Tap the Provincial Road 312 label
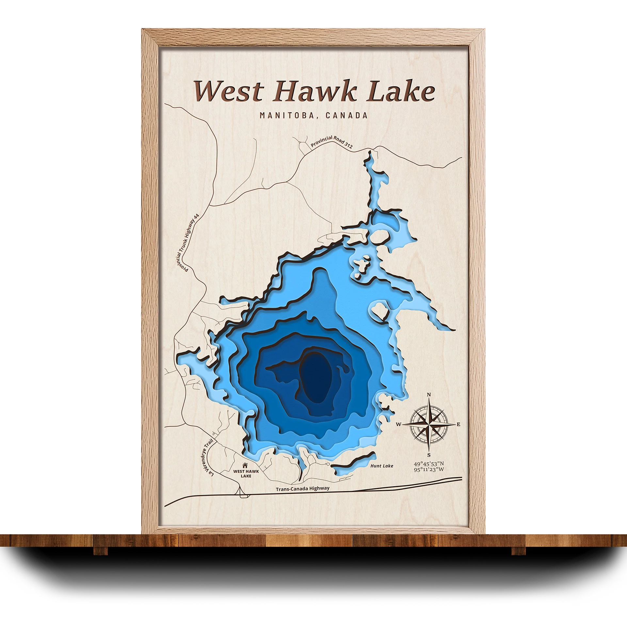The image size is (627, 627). pos(331,142)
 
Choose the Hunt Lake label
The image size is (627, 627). pos(382,466)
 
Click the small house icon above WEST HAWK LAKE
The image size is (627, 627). pos(245,465)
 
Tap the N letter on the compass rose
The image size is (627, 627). pos(429,395)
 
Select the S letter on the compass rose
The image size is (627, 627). pos(429,455)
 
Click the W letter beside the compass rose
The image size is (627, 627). pos(399,425)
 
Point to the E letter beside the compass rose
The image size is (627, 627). pos(458,425)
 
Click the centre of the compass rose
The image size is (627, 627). pos(429,425)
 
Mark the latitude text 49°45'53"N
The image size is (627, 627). pos(429,464)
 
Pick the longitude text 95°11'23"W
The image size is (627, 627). pos(429,470)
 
